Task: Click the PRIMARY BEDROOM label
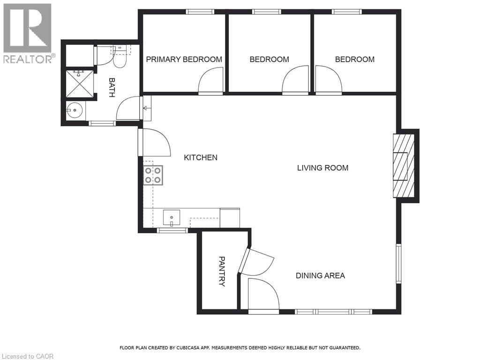point(184,60)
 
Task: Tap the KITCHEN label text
point(200,157)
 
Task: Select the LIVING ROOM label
point(322,168)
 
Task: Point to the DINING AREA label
point(320,276)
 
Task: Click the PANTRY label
point(222,271)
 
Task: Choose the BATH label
point(112,88)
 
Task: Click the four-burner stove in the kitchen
point(153,175)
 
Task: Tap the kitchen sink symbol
point(172,218)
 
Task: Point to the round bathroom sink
point(75,112)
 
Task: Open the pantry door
point(255,263)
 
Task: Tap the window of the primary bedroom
point(200,11)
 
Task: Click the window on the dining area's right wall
point(398,264)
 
